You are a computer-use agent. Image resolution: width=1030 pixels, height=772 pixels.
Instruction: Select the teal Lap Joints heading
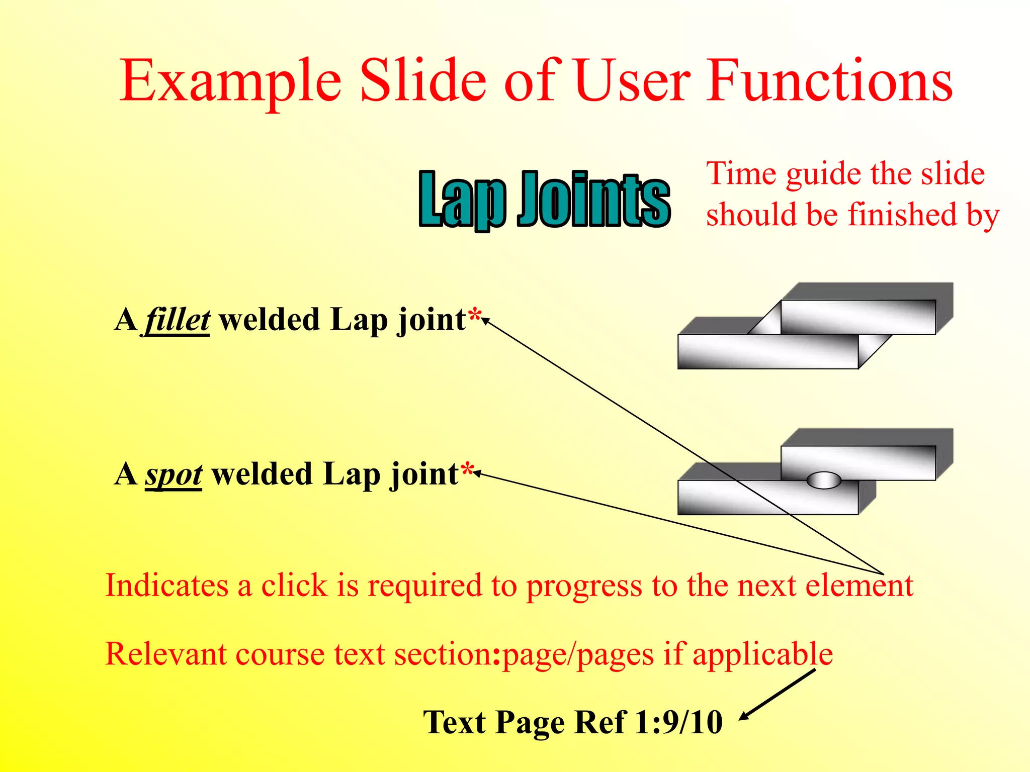coord(545,200)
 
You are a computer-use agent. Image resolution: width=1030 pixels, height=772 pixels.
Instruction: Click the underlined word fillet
coord(178,320)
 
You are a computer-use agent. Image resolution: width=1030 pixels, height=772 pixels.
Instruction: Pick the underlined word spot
coord(174,474)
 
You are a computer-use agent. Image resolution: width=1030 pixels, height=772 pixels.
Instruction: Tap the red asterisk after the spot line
coord(467,471)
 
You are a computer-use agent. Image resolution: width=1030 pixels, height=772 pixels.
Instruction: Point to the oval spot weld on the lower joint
coord(824,480)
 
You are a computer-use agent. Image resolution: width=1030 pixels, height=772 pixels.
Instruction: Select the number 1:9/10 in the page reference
coord(678,722)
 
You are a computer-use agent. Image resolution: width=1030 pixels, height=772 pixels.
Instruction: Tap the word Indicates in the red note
coord(166,586)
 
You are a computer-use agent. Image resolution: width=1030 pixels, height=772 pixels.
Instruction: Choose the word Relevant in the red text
coord(164,654)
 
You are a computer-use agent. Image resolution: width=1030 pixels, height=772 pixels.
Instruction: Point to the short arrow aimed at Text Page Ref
coord(777,695)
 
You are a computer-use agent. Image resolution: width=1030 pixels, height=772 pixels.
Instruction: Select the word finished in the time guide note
coord(902,215)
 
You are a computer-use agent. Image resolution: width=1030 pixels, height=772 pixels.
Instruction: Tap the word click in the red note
coord(294,586)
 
